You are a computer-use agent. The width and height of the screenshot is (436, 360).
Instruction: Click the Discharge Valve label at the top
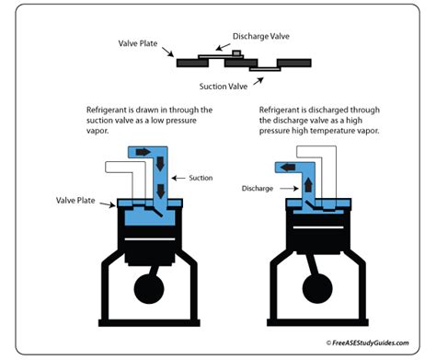click(261, 36)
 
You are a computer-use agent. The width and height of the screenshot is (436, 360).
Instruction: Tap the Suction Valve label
click(224, 87)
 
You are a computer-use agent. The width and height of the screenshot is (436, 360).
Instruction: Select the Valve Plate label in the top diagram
click(138, 43)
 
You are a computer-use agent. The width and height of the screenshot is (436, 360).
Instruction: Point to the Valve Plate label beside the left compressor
click(75, 201)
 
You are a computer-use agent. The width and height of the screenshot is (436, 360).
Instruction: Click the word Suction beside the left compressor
click(201, 178)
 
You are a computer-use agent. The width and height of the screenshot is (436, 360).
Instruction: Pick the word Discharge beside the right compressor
click(258, 189)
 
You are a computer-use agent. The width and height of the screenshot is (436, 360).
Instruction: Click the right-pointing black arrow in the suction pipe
click(143, 152)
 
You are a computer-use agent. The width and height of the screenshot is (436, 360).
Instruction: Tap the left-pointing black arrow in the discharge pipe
click(288, 168)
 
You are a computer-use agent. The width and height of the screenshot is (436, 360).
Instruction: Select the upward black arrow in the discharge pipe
click(308, 185)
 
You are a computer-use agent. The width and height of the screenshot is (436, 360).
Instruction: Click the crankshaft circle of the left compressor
click(149, 289)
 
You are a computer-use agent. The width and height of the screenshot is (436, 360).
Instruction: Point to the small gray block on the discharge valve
click(236, 52)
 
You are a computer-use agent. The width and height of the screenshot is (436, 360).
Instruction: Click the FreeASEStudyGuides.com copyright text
click(367, 343)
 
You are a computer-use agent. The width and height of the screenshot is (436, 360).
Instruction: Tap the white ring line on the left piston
click(150, 239)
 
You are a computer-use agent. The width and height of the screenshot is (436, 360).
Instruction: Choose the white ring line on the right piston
click(318, 227)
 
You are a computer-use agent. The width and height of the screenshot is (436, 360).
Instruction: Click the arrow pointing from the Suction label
click(178, 178)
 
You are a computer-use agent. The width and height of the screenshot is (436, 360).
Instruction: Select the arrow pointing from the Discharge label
click(289, 189)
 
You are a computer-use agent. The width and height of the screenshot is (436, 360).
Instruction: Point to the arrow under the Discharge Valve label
click(223, 47)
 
